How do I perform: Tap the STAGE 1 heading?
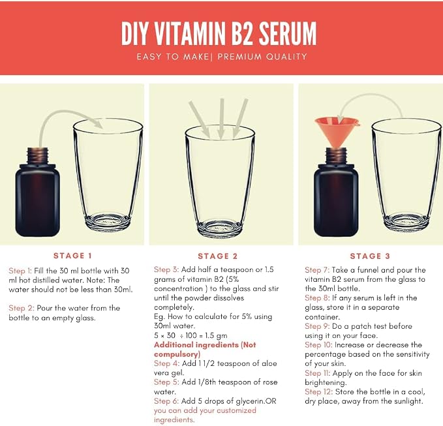(x=72, y=256)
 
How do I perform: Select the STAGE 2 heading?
(x=217, y=256)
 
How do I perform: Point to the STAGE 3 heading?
(x=370, y=256)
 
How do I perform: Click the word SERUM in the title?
(x=288, y=33)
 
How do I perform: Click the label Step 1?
(x=20, y=271)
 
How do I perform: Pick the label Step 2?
(x=21, y=308)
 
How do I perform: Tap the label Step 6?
(x=166, y=401)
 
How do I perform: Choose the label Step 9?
(x=317, y=326)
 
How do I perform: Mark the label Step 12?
(x=318, y=392)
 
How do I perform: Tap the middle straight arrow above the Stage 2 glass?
(x=222, y=119)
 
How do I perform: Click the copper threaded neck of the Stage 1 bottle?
(x=38, y=155)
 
